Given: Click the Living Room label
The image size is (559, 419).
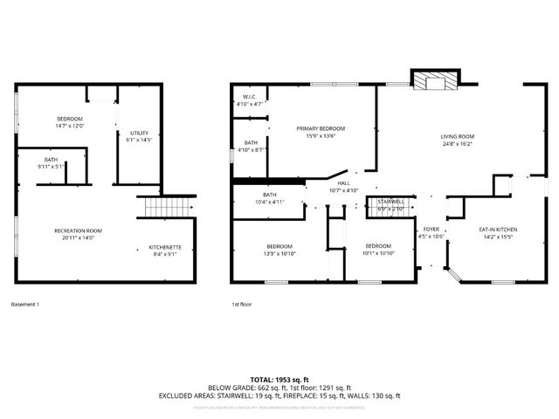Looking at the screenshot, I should tap(457, 137).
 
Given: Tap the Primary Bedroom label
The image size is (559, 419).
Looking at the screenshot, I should tap(321, 128).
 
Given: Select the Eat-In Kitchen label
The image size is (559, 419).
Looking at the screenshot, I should tap(494, 230).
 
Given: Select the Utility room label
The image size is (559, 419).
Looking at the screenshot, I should tap(139, 134).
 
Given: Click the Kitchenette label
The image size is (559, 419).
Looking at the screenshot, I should tap(164, 247).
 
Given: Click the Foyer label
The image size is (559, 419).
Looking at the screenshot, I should tap(431, 230).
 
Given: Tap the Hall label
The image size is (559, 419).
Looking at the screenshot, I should tap(344, 183).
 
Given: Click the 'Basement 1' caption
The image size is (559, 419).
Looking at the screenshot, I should tap(25, 304).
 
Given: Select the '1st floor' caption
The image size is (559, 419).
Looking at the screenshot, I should tap(241, 304).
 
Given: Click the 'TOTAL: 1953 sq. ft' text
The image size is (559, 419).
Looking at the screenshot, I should tap(279, 380).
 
